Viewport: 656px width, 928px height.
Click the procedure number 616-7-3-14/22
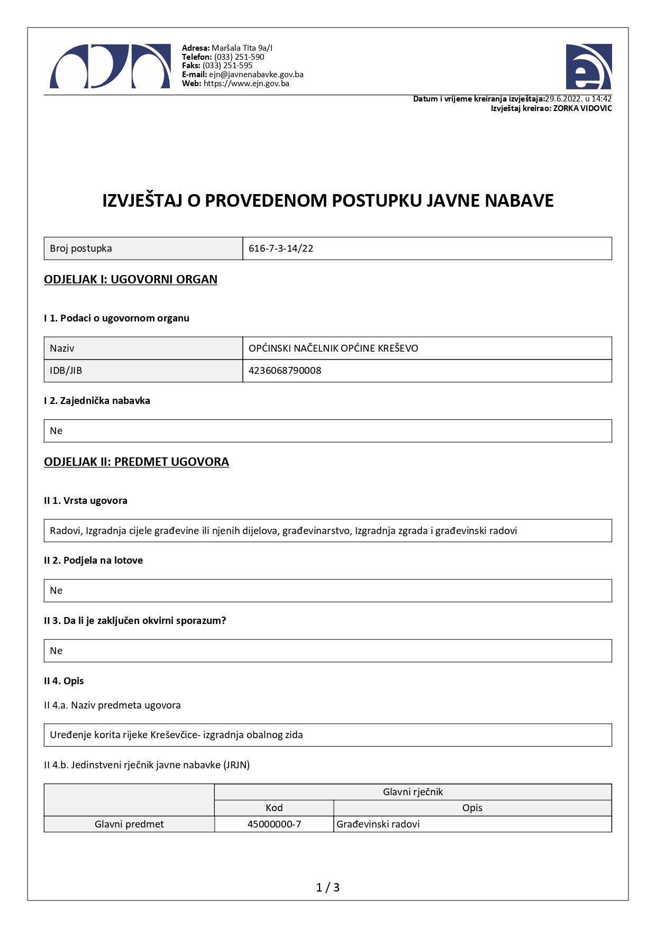pos(281,249)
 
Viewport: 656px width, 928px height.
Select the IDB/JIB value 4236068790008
pos(285,371)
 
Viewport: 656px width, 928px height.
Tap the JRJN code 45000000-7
pos(274,824)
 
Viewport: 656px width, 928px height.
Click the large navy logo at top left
pos(110,66)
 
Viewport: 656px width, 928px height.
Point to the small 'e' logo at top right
pos(588,67)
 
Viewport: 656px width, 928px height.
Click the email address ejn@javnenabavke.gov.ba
pos(256,75)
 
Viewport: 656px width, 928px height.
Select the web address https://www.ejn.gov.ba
pos(246,84)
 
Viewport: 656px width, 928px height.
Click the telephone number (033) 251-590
pos(239,57)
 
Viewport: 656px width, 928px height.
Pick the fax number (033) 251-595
pos(227,66)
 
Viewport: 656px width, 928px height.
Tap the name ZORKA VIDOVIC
pos(582,108)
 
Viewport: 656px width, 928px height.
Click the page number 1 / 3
pos(327,887)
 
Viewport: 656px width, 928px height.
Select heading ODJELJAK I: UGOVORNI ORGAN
pos(131,279)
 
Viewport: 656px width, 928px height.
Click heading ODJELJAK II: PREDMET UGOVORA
pos(136,462)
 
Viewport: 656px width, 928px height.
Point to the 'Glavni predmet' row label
pos(129,824)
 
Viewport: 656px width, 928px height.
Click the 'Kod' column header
pos(274,808)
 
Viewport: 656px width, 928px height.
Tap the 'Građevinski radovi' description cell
pos(378,824)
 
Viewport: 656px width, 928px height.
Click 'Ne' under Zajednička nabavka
pos(56,431)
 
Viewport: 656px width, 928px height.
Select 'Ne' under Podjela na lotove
pos(56,591)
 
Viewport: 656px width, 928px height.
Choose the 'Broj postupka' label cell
pos(81,249)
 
